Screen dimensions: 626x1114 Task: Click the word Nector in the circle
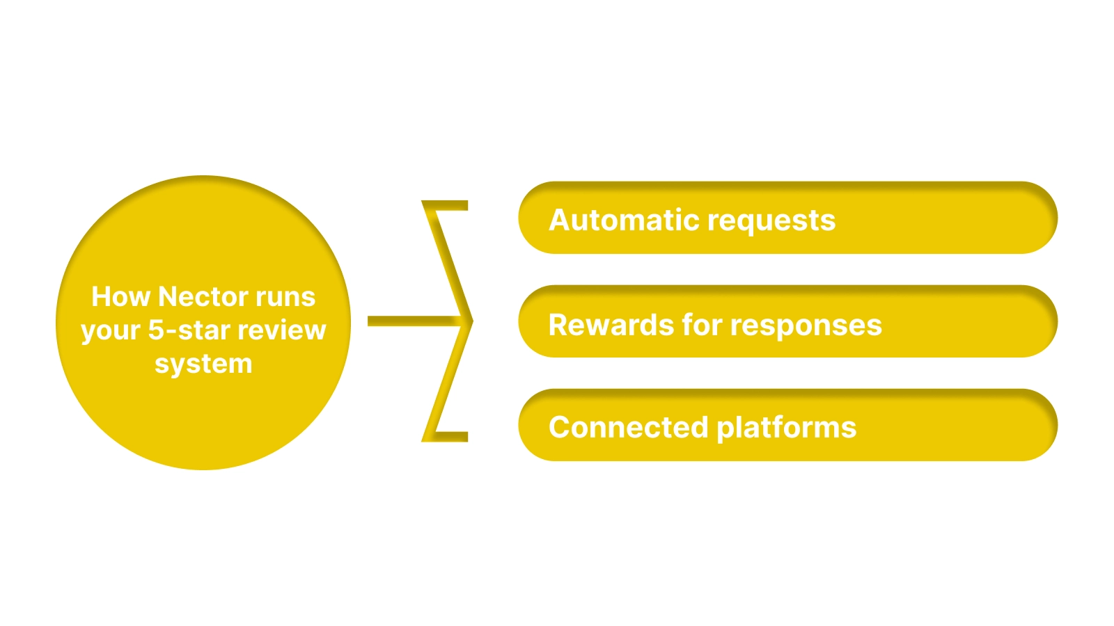[203, 297]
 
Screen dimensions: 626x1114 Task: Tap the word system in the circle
[203, 364]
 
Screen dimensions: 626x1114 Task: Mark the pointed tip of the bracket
[470, 321]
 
